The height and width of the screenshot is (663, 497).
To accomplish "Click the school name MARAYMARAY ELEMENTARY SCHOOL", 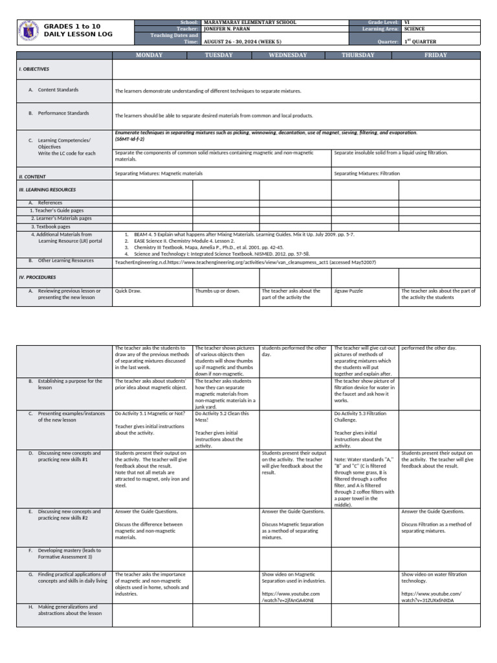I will coord(250,22).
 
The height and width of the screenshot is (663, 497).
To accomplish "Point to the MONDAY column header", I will coord(149,55).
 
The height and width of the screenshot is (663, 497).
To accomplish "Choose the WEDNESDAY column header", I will coord(288,55).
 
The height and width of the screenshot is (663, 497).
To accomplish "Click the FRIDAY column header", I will coord(436,55).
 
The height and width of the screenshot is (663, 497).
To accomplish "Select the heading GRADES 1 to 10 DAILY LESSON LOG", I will coord(72,30).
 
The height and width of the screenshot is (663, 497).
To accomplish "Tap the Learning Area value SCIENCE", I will coord(414,29).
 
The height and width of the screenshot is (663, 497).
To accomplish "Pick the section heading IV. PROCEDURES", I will coord(38,276).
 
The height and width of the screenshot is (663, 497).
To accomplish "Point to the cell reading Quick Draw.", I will coord(128,291).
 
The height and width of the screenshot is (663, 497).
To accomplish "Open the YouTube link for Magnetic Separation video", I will coord(287,596).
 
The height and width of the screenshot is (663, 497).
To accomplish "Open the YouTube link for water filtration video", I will coord(431,596).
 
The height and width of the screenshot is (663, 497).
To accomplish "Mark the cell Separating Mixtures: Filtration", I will coord(367,174).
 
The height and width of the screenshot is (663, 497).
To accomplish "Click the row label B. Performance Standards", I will coord(63,113).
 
